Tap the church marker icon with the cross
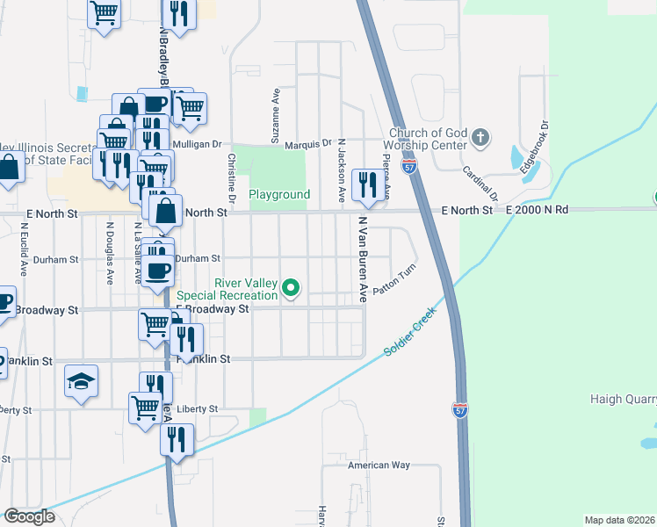(480, 138)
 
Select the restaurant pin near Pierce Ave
(366, 184)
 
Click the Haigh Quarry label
(624, 401)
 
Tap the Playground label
(279, 194)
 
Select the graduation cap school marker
(81, 381)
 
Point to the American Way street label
(379, 465)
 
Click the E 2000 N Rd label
(538, 211)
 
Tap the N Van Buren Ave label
(360, 260)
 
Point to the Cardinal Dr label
(480, 183)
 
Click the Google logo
(29, 516)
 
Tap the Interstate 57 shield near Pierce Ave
(409, 165)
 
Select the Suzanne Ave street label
(276, 115)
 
